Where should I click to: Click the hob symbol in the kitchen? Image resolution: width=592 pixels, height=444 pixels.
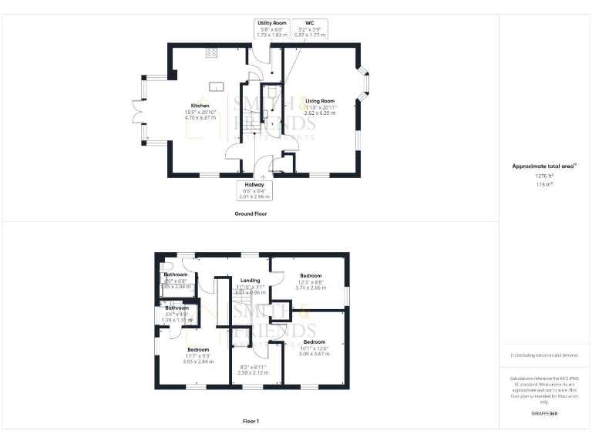210,53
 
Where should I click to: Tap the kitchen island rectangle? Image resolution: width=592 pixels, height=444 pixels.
217,86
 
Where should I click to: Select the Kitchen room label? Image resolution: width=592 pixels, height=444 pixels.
200,106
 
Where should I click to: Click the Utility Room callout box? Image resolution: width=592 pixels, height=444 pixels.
271,29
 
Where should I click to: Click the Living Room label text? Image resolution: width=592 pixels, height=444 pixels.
319,101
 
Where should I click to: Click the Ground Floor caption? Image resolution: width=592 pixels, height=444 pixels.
251,213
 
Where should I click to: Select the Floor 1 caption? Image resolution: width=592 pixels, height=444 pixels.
251,422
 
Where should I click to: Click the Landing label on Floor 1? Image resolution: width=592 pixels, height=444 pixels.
250,281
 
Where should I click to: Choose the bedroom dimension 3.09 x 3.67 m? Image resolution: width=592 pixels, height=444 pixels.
314,353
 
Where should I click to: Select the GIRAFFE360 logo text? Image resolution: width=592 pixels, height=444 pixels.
544,414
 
